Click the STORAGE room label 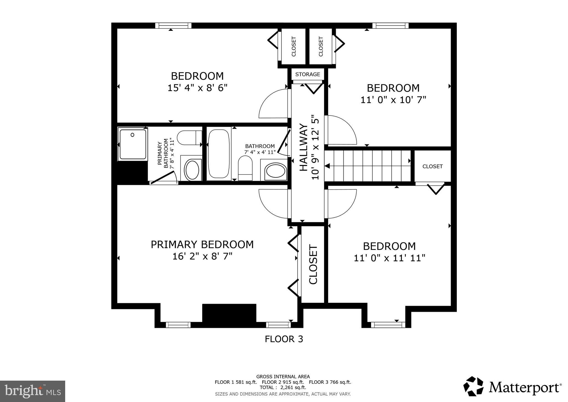[x=308, y=74]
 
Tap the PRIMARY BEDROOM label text [x=202, y=245]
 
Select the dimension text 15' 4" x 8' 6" [x=197, y=88]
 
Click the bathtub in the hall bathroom [x=219, y=154]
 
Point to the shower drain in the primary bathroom [x=133, y=135]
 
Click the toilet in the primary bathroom [x=189, y=138]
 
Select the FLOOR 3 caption [x=284, y=339]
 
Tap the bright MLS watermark [x=32, y=391]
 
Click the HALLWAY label [x=304, y=147]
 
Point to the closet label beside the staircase [x=432, y=167]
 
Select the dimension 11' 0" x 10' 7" [x=393, y=100]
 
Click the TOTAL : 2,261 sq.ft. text [x=283, y=387]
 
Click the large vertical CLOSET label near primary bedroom [x=313, y=264]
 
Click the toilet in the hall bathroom [x=245, y=168]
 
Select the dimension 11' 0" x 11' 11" [x=389, y=258]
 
